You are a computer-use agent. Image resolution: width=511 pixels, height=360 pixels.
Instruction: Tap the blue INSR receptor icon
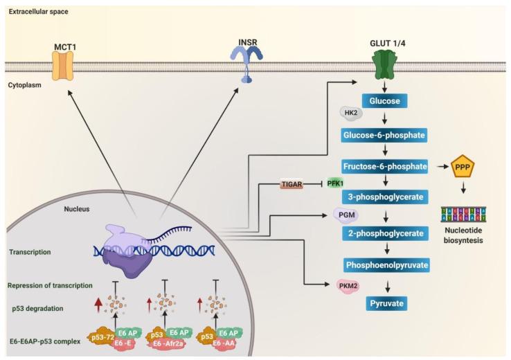tap(246, 68)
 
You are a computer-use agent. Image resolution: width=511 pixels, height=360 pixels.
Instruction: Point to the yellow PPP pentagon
tap(462, 168)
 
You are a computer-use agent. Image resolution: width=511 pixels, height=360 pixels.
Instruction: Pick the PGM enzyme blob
tap(346, 215)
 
